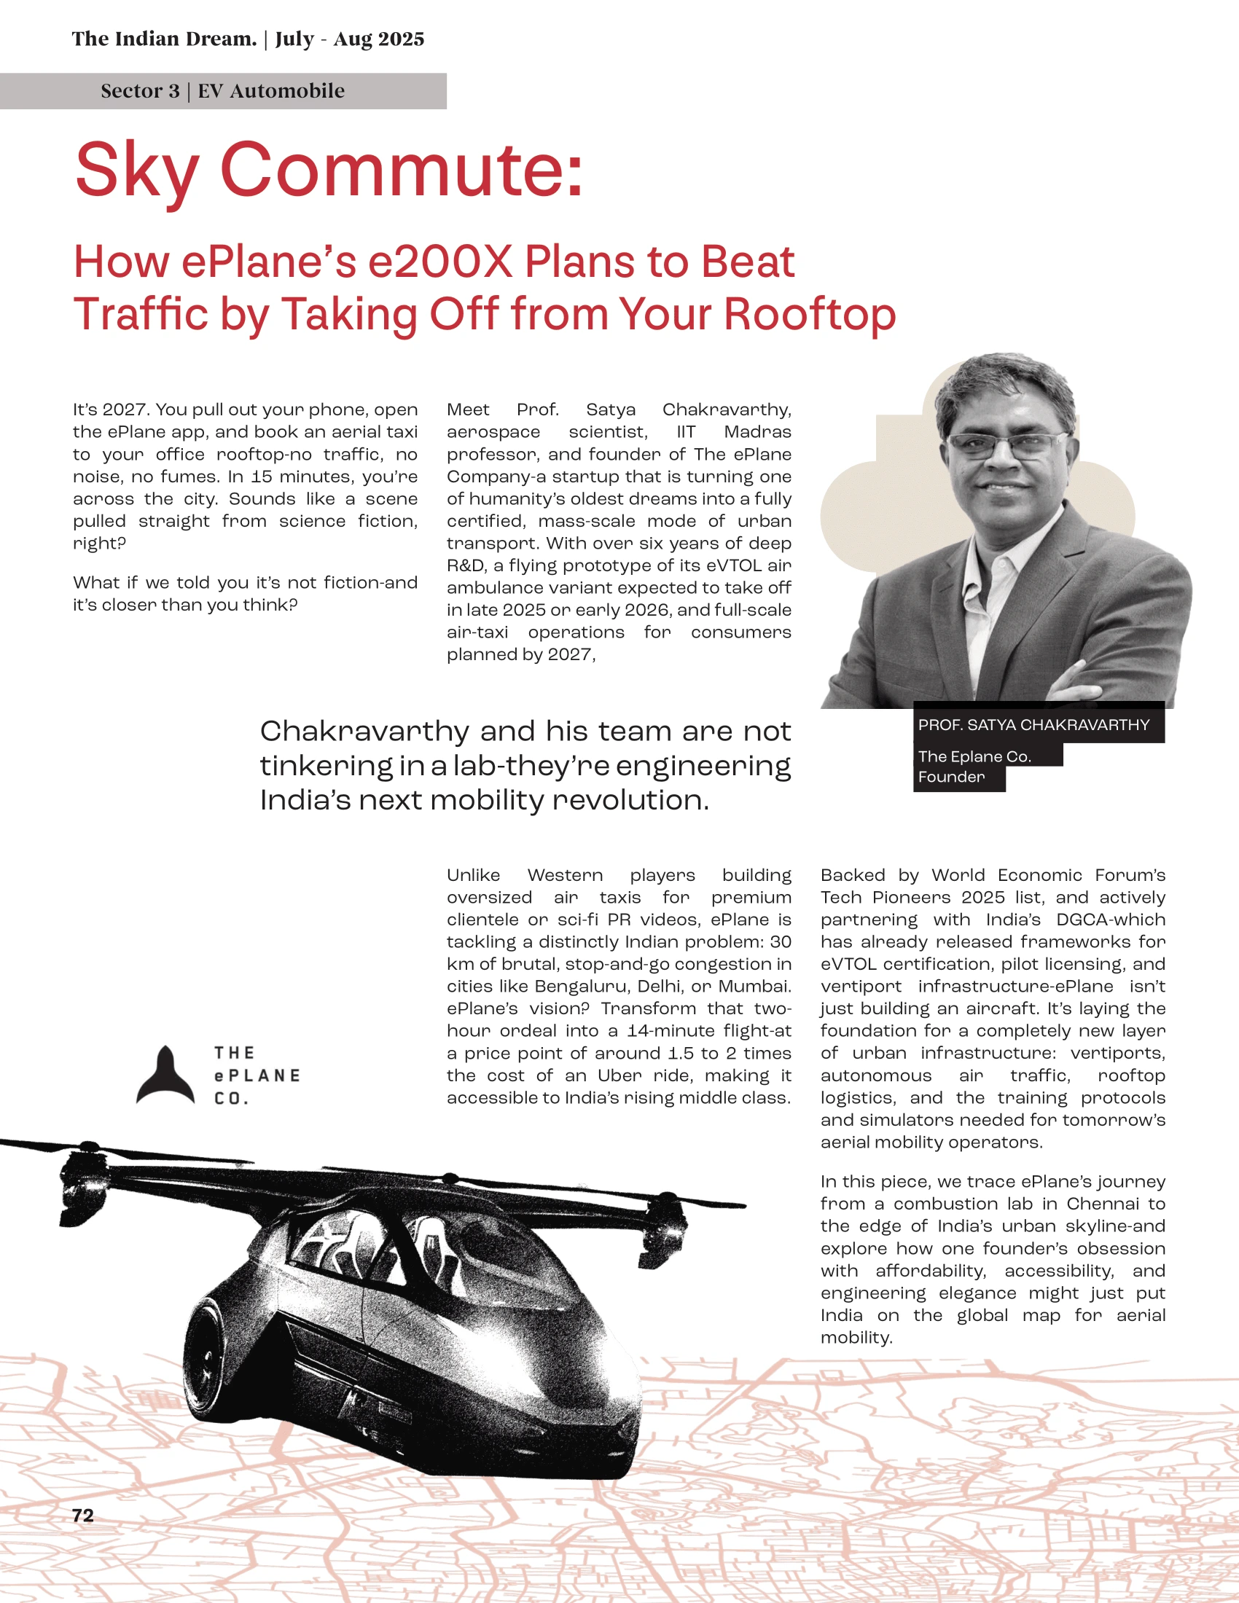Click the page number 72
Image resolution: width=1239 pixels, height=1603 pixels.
tap(83, 1515)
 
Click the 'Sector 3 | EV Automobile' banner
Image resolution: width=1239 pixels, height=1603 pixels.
tap(222, 91)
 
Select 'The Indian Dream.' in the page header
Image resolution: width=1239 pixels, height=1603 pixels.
tap(164, 39)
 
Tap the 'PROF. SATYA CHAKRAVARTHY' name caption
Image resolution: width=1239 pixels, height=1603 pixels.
tap(1033, 724)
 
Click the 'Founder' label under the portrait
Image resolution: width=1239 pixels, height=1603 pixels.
tap(951, 777)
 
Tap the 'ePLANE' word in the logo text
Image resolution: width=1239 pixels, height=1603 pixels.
tap(257, 1075)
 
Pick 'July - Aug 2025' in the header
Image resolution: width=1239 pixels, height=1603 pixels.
tap(349, 39)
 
